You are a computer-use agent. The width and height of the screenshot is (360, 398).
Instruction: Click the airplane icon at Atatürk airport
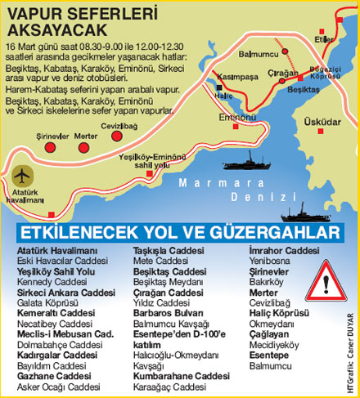pyautogui.click(x=24, y=175)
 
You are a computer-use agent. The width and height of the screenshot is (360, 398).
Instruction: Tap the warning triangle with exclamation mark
pyautogui.click(x=325, y=286)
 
